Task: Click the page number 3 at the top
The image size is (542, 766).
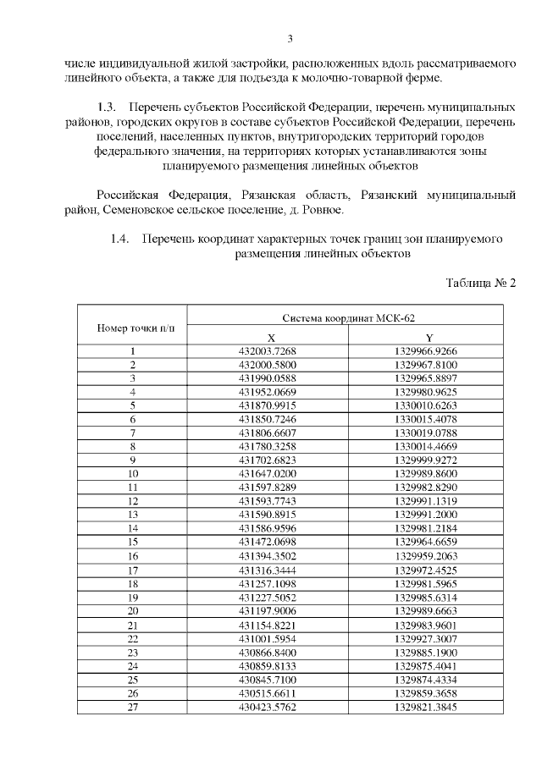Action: tap(290, 38)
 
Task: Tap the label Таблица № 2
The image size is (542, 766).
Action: tap(480, 282)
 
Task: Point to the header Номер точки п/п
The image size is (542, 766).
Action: tap(132, 327)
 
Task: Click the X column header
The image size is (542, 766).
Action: tap(268, 336)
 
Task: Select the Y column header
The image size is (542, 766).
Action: tap(430, 336)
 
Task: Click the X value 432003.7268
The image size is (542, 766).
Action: tap(268, 350)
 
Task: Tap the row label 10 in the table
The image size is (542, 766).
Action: tap(132, 473)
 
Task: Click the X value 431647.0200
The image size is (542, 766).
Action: tap(268, 473)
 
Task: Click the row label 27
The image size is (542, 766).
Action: tap(132, 705)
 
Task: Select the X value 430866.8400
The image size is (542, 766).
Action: tap(268, 651)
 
